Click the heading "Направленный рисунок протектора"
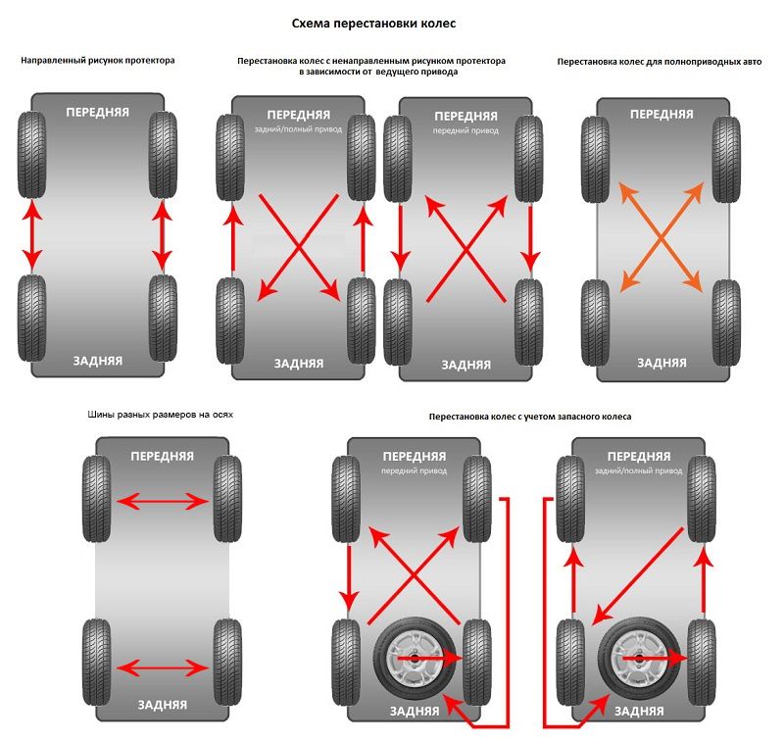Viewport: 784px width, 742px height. click(98, 61)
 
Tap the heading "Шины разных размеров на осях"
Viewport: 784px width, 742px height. click(161, 415)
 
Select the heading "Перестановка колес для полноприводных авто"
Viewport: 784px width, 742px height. click(659, 61)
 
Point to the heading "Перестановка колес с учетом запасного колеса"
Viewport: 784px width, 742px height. click(530, 417)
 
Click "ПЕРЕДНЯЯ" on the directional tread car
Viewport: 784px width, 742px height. click(98, 112)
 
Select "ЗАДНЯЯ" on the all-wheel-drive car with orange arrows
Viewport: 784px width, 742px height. click(662, 363)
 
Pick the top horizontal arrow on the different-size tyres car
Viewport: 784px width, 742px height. click(163, 501)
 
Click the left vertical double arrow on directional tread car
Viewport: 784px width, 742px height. click(31, 235)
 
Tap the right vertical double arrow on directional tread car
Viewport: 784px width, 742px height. click(163, 235)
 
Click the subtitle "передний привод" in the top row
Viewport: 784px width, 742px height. click(465, 130)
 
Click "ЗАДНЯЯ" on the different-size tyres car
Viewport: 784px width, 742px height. click(163, 704)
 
